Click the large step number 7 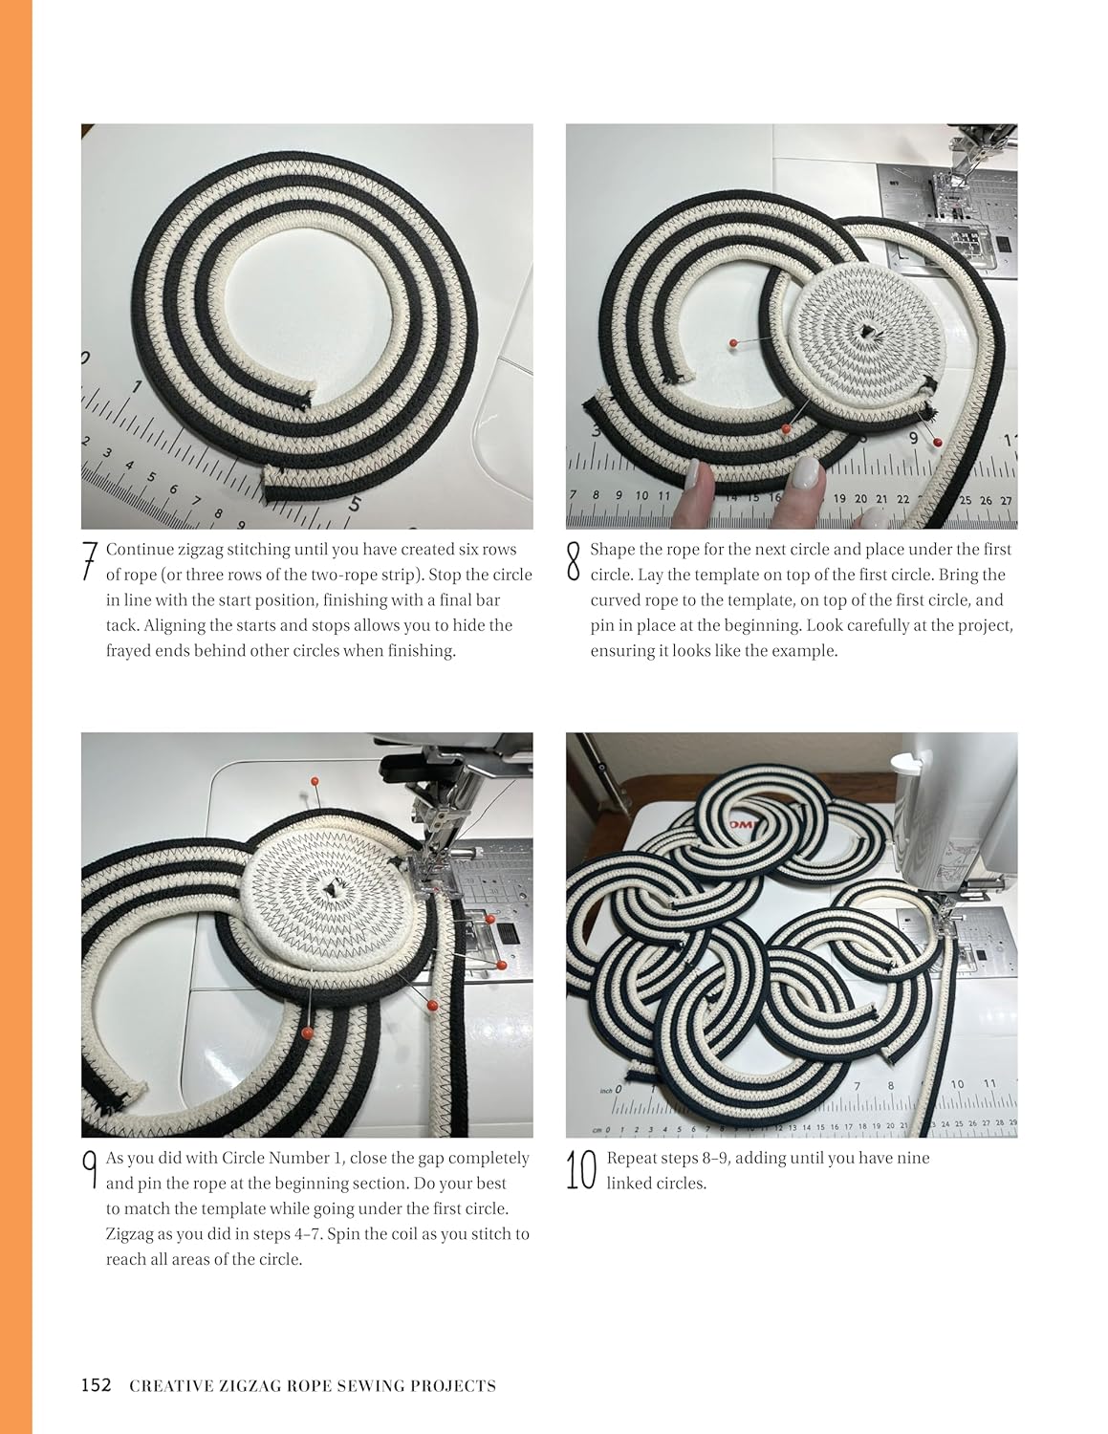pos(90,562)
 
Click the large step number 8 pos(574,562)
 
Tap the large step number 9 pos(90,1170)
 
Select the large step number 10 pos(581,1170)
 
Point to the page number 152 pos(96,1385)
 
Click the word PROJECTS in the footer pos(453,1386)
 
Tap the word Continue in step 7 pos(140,550)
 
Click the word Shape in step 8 pos(611,550)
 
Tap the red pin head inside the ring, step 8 pos(733,342)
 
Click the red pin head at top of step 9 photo pos(315,782)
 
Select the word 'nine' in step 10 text pos(913,1158)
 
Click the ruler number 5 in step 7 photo pos(356,504)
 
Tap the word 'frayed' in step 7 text pos(130,651)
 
